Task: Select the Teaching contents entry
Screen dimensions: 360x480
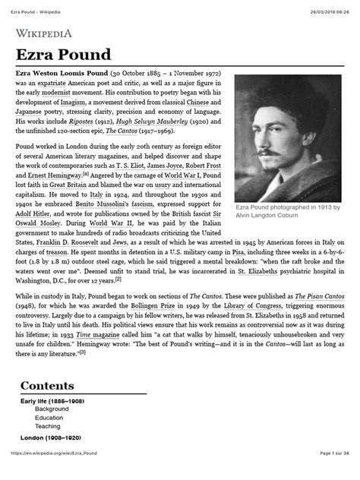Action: coord(51,427)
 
